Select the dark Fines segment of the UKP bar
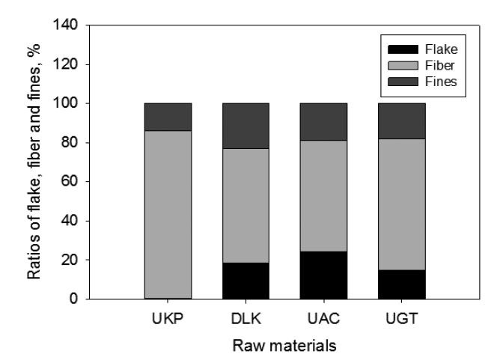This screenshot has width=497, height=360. (168, 117)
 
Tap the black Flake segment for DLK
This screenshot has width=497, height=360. (246, 281)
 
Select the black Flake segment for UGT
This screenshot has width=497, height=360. (401, 284)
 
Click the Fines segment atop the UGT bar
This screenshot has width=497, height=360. (401, 120)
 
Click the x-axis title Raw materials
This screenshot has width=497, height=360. (284, 346)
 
